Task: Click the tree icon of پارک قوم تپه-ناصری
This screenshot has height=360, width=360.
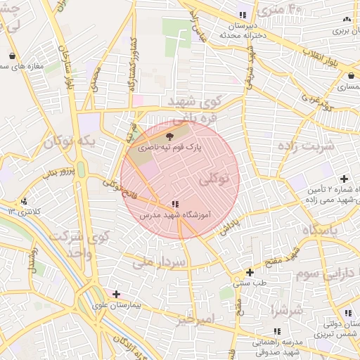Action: click(x=169, y=137)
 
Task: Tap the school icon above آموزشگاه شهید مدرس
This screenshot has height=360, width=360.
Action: click(x=174, y=204)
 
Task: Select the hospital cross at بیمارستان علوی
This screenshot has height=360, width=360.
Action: click(x=116, y=294)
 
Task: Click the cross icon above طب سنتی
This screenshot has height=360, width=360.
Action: click(x=250, y=272)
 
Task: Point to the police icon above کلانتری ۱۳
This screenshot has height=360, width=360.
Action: click(x=25, y=201)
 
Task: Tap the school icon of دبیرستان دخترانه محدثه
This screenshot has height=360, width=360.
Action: click(x=243, y=15)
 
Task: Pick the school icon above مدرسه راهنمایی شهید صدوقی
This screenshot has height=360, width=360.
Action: click(x=276, y=331)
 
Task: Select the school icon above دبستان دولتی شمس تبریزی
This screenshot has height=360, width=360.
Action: click(x=347, y=314)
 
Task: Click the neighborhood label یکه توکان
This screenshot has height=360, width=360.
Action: click(x=68, y=143)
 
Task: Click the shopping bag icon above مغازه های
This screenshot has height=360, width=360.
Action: click(x=13, y=56)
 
